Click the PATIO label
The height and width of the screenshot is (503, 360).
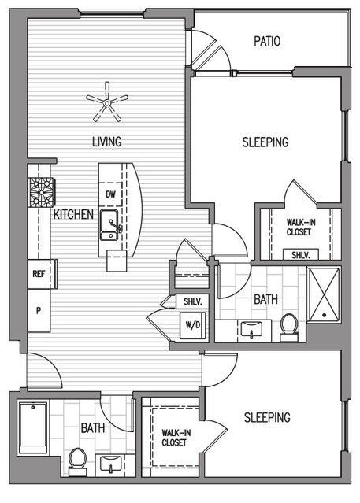267,41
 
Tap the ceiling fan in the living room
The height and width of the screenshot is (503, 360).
107,102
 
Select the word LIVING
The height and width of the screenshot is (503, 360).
107,142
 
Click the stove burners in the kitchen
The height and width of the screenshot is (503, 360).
42,192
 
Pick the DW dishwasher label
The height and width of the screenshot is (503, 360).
110,194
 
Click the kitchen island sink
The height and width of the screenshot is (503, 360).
109,224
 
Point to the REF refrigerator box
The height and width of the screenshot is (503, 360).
39,274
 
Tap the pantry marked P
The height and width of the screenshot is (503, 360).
39,310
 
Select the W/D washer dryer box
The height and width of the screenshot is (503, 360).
192,325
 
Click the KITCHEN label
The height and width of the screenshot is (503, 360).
73,214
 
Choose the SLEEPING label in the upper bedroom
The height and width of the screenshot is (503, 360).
265,142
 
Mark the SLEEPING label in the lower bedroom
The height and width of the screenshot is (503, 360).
267,417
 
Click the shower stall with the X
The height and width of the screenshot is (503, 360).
324,294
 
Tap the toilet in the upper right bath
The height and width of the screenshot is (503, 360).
289,327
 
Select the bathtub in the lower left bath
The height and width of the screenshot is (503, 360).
33,427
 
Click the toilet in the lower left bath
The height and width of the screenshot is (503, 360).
77,462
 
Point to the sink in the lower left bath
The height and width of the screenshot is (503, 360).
110,464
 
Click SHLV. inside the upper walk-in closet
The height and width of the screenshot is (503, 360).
301,255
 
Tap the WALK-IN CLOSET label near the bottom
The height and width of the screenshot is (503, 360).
176,438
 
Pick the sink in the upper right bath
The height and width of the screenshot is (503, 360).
251,329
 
